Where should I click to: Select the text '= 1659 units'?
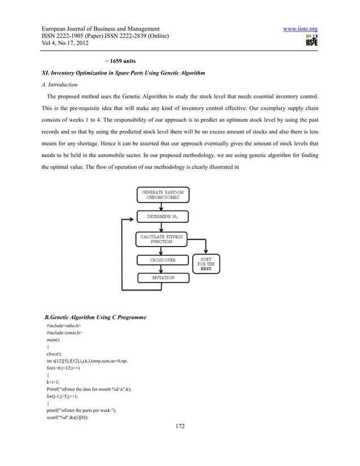[x=120, y=60]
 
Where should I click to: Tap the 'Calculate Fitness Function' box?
[x=161, y=239]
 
